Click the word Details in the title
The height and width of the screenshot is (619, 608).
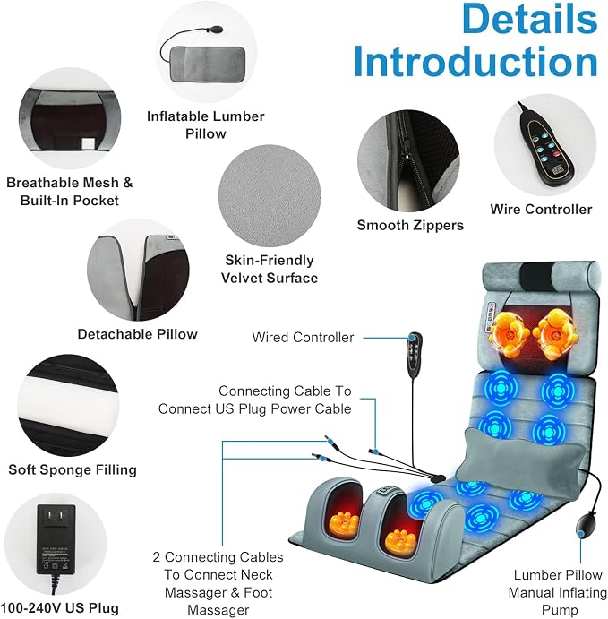click(529, 18)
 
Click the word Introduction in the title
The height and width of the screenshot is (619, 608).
click(475, 62)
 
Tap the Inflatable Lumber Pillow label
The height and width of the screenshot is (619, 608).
click(206, 125)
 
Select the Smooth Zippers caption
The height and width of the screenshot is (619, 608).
click(410, 225)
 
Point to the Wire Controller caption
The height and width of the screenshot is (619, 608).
click(542, 210)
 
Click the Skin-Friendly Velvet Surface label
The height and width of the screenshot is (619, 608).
click(270, 269)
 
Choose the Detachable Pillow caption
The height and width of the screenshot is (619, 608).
click(137, 334)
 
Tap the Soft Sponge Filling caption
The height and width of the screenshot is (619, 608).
click(73, 469)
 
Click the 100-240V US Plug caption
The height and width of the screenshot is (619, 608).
click(59, 608)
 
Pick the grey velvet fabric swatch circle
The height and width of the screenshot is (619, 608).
click(270, 196)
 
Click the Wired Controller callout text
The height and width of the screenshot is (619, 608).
click(303, 338)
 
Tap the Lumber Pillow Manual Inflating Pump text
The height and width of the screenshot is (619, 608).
click(558, 592)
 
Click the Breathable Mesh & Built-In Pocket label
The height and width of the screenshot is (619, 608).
click(70, 192)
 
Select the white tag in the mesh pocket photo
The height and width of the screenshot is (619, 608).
click(88, 143)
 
